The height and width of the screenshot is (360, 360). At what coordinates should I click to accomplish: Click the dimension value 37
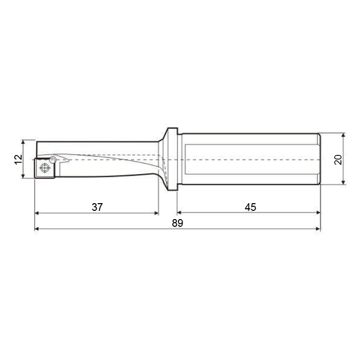coord(97,207)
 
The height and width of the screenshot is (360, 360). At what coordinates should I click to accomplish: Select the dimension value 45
coord(250,207)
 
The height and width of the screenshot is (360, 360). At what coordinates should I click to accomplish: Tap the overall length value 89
coord(177,223)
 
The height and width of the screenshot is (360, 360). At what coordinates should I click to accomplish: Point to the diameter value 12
coord(18,159)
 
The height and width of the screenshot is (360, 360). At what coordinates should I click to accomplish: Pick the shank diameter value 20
coord(338,159)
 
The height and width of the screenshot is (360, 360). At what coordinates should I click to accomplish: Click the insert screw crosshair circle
coord(45,168)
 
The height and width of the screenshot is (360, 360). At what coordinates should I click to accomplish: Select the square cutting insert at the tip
coord(45,168)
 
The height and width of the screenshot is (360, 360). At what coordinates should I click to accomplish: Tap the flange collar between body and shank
coord(172,159)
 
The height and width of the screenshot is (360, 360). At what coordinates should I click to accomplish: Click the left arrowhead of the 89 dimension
coord(37,229)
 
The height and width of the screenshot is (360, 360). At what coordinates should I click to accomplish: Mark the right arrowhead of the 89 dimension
coord(318,229)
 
